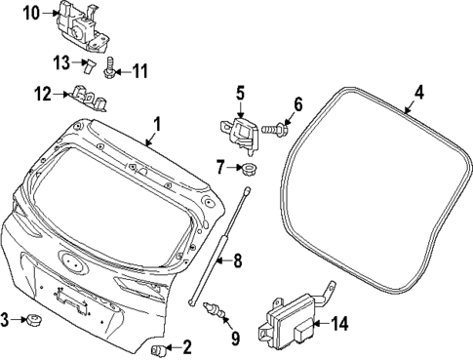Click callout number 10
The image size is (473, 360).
click(x=31, y=13)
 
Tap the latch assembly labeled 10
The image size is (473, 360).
click(x=86, y=25)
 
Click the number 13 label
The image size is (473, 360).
click(x=60, y=64)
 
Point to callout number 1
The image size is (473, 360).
click(x=155, y=125)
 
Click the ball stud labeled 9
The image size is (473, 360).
click(x=220, y=311)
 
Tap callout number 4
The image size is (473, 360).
click(x=418, y=93)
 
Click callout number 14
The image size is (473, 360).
click(x=338, y=323)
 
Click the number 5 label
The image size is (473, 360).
click(x=239, y=94)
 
